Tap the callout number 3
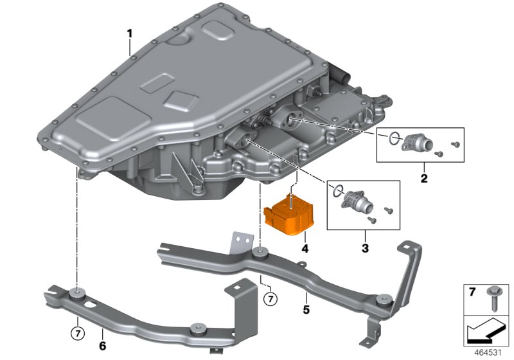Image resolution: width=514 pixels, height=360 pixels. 364,248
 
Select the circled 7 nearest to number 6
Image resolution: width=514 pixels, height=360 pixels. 76,333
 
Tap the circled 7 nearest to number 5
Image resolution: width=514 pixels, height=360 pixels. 270,299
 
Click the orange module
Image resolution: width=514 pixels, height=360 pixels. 290,213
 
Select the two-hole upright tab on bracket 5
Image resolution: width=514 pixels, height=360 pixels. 241,240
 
